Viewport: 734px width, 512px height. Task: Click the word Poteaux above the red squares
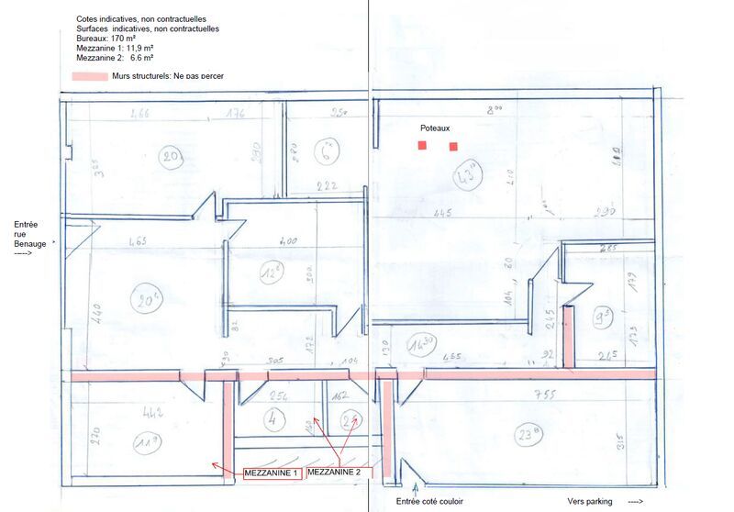click(x=437, y=129)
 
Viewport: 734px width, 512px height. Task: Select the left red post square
click(x=422, y=146)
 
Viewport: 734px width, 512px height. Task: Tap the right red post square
click(x=453, y=147)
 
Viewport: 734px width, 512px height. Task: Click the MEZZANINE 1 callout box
click(x=272, y=473)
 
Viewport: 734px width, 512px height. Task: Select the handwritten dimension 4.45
click(x=443, y=215)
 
